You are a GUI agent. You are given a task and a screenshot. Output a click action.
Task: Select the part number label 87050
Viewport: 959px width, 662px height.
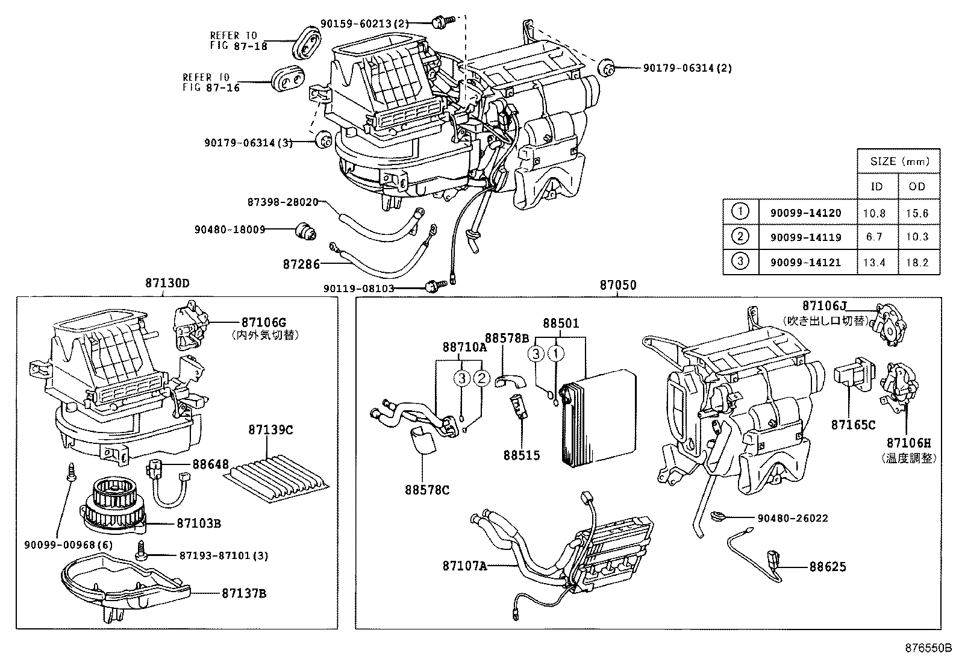[x=617, y=285]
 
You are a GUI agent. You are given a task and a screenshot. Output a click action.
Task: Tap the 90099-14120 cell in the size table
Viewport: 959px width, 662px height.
[x=805, y=213]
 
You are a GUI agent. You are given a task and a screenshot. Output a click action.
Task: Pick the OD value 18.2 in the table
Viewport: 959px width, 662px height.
[x=917, y=263]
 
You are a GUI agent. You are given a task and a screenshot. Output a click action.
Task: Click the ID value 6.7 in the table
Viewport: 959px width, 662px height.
[x=874, y=237]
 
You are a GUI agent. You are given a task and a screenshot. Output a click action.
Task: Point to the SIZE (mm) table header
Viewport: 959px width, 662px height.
[x=899, y=161]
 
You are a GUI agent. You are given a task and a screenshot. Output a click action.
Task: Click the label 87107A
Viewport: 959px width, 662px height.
[x=464, y=566]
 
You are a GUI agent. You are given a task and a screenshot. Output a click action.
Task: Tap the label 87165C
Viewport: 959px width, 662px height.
[x=853, y=425]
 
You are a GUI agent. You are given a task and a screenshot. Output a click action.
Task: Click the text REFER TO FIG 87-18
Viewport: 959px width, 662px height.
[x=233, y=40]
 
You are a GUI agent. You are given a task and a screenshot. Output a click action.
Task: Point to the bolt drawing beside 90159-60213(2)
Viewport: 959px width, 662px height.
[x=438, y=23]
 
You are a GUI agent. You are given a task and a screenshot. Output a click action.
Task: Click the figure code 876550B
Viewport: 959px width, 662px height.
[x=928, y=649]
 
